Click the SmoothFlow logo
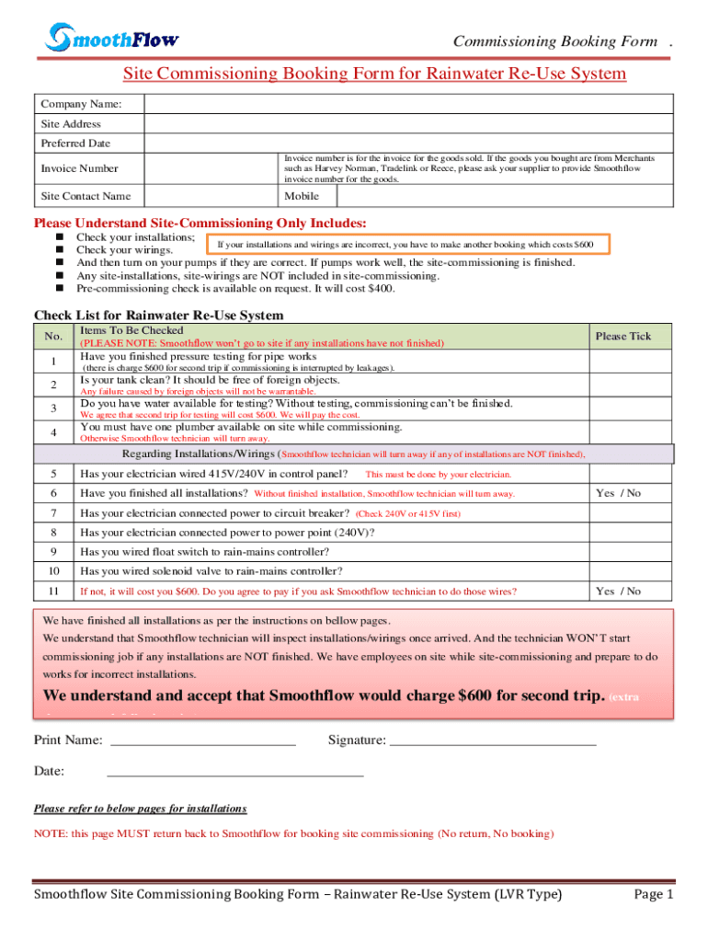[112, 38]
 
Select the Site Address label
[71, 124]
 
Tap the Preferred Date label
[75, 144]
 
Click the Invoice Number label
[79, 168]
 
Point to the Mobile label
[302, 196]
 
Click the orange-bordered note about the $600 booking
[405, 245]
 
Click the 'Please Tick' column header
[622, 336]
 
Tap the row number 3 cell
[54, 408]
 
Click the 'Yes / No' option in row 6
[618, 493]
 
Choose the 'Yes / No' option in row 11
[618, 592]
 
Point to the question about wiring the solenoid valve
[211, 571]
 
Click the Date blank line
[235, 772]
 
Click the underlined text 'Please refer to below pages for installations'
[141, 809]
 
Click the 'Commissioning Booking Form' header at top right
[555, 41]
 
